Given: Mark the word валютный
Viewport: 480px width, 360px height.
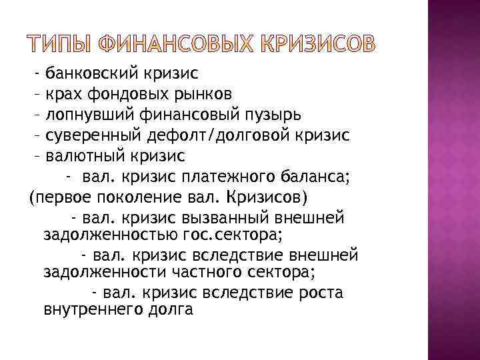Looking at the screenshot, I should click(85, 155).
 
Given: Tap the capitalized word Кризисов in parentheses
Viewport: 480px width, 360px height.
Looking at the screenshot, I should click(267, 197).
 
